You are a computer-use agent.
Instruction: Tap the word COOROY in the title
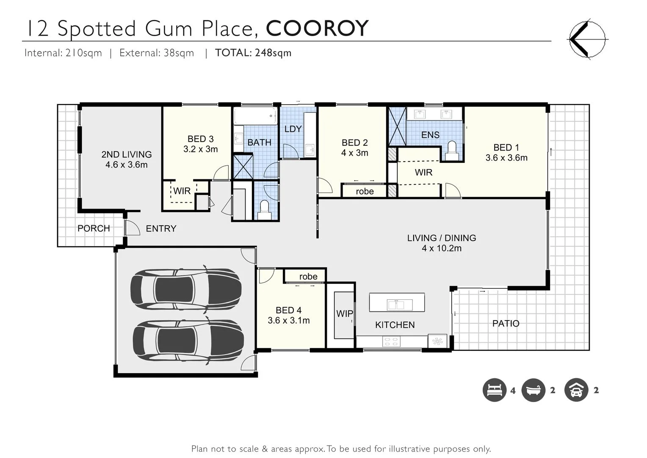pos(317,28)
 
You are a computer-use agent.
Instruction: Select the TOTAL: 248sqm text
pos(253,53)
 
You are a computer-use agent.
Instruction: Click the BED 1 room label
pos(506,148)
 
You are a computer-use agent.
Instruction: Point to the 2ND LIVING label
pos(126,154)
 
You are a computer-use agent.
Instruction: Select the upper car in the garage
pos(186,288)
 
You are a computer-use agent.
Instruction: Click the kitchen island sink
pos(397,304)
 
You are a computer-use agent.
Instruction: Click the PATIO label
pos(506,324)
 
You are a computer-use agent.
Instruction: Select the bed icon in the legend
pos(494,390)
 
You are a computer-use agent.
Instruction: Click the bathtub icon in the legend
pos(533,390)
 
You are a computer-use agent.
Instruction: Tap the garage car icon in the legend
pos(576,390)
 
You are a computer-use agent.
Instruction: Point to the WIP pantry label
pos(344,314)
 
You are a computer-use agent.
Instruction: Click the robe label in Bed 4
pos(308,276)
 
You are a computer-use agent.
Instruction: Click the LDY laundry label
pos(293,129)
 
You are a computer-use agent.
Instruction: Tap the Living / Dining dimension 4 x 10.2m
pos(441,249)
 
